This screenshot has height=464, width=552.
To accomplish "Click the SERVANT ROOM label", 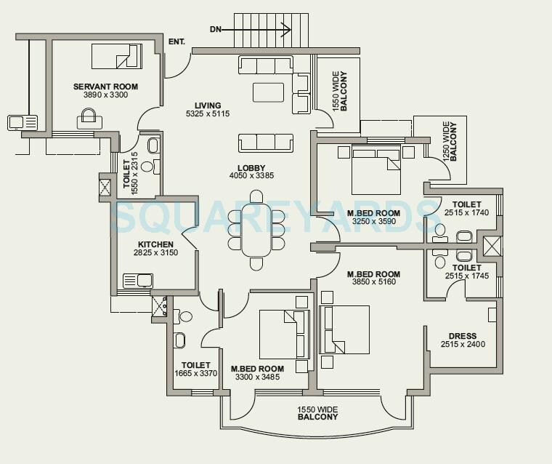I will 105,87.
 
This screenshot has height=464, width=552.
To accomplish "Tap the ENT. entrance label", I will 176,42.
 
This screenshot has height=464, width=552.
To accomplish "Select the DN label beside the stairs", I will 216,30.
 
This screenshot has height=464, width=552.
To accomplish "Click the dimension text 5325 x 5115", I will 208,114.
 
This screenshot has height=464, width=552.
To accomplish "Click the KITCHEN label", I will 156,244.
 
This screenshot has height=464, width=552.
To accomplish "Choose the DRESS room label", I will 463,336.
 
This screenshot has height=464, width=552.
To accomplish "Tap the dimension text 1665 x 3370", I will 196,374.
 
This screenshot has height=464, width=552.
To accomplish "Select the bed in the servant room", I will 116,56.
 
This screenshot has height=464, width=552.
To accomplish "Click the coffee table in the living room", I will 268,92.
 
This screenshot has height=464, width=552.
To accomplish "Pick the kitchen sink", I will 137,280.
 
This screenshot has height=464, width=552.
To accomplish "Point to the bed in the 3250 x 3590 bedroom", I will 376,169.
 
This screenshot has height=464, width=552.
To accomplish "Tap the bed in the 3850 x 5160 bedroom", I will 344,329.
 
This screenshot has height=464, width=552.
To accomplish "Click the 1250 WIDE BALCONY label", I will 450,142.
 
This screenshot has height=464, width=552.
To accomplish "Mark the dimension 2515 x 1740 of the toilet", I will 466,212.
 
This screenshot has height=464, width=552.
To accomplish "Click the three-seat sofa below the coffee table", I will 265,143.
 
